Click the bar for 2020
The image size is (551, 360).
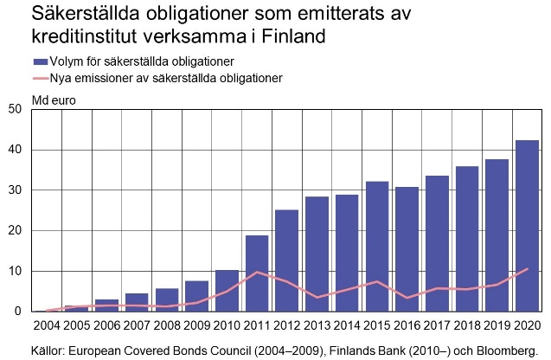pos(527,225)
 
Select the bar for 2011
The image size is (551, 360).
pos(256,273)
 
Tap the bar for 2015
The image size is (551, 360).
pos(376,246)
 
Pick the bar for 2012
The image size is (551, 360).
pos(286,260)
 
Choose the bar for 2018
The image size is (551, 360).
pos(466,238)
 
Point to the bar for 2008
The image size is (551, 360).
pos(166,299)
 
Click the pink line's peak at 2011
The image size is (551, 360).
pos(256,272)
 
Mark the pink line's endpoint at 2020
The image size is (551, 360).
pos(527,269)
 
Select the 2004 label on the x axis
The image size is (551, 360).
pos(46,325)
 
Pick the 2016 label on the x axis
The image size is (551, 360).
pos(407,325)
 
